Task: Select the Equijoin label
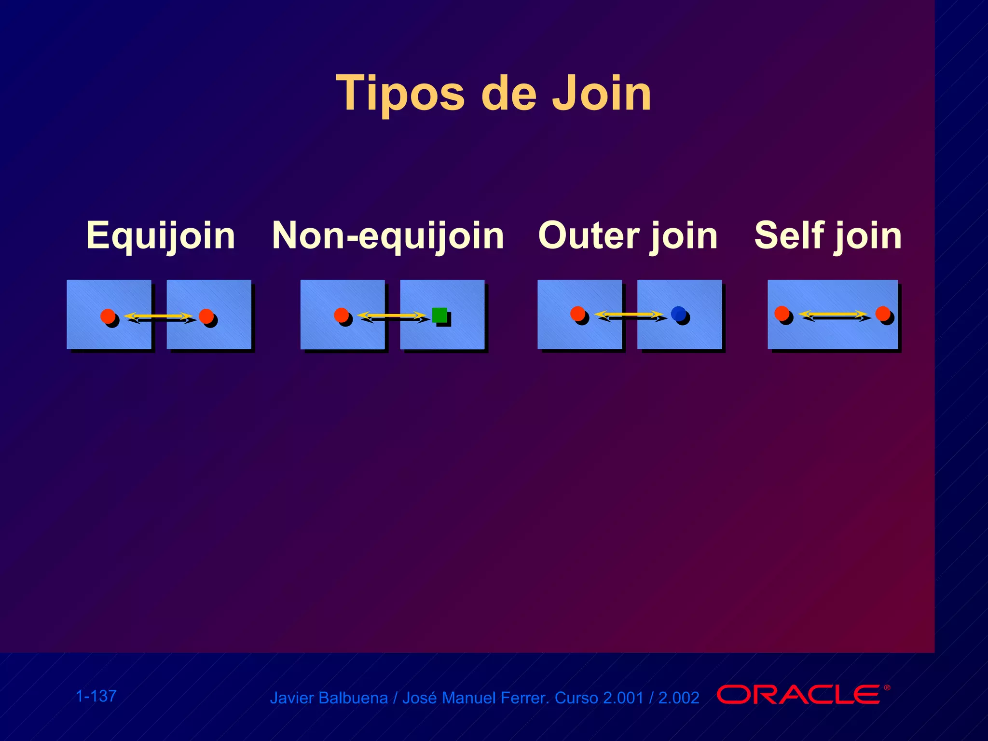click(161, 235)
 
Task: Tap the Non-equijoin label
click(388, 235)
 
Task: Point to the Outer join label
click(628, 235)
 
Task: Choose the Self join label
click(828, 235)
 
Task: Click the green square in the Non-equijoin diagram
click(439, 315)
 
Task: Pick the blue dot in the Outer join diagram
click(678, 314)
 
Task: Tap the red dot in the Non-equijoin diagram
click(341, 315)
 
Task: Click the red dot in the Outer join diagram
click(577, 314)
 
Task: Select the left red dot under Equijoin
click(108, 316)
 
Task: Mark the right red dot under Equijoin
click(206, 316)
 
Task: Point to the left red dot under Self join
click(782, 314)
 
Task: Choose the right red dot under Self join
click(883, 314)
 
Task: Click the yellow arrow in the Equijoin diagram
click(158, 316)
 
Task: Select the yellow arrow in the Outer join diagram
click(629, 315)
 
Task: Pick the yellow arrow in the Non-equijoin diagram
click(392, 316)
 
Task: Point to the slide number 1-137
click(96, 696)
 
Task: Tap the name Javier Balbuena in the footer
click(329, 698)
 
